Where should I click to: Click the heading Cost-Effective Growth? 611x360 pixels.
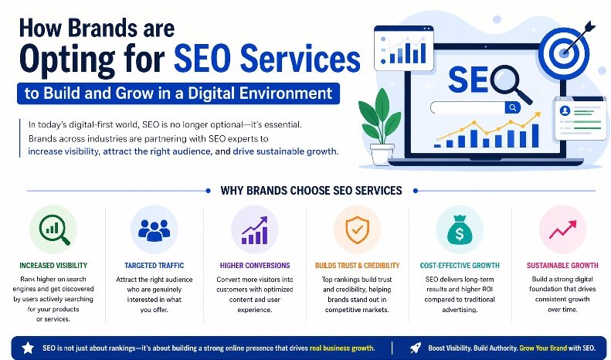(x=459, y=265)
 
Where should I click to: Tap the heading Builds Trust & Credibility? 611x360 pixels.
(x=356, y=265)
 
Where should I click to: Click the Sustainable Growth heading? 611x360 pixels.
(x=561, y=265)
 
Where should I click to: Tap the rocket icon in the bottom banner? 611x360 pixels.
(x=414, y=348)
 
